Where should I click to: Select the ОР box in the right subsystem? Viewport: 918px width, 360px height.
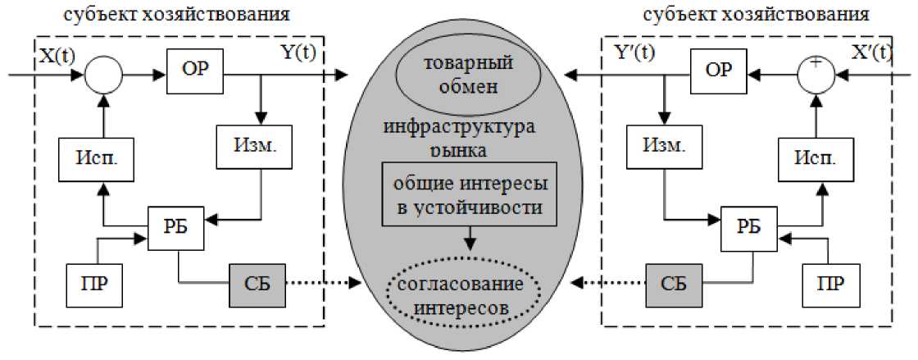(719, 69)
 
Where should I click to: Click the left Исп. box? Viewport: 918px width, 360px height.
(81, 158)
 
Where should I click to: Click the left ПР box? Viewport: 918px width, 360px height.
(93, 285)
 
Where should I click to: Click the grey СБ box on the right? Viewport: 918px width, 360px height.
(672, 285)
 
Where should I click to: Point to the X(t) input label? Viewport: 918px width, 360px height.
(57, 55)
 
